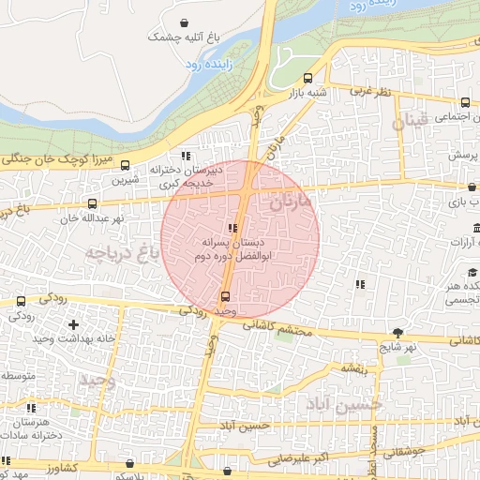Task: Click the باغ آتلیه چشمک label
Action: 187,37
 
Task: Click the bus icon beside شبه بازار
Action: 308,78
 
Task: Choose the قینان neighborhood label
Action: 410,121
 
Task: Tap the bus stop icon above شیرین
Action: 127,166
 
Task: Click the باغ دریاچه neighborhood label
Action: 123,250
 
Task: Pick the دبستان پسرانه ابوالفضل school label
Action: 232,246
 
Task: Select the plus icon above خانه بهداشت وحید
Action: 74,324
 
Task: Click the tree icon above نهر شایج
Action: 398,332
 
